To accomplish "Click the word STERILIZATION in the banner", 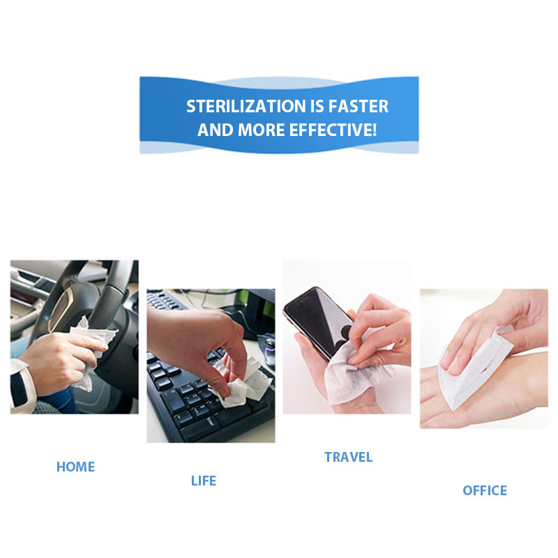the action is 246,107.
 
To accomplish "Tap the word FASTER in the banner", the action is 358,107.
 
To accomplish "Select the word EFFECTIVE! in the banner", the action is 333,130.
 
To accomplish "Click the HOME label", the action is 75,467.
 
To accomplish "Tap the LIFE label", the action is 204,481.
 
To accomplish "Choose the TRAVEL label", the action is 348,458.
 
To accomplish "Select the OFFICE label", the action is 485,490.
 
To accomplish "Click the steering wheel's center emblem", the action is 61,309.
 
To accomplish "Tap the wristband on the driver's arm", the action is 19,386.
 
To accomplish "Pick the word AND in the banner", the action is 216,130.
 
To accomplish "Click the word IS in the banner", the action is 317,107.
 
